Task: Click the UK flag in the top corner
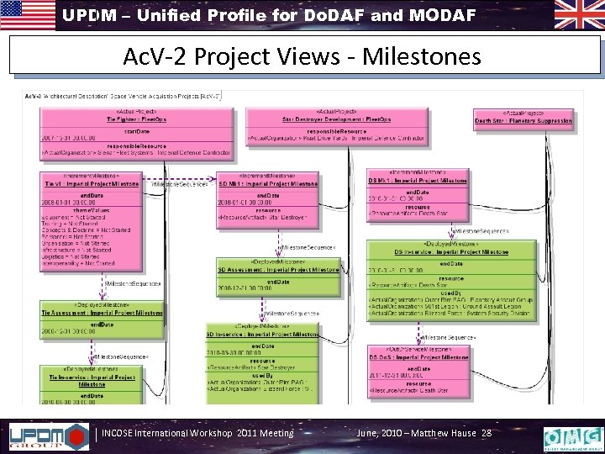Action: (x=576, y=14)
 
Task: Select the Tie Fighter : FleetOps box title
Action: (x=90, y=119)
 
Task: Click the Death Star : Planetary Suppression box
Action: (x=526, y=119)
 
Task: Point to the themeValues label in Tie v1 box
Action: (x=91, y=210)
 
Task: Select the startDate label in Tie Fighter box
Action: (x=91, y=132)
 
